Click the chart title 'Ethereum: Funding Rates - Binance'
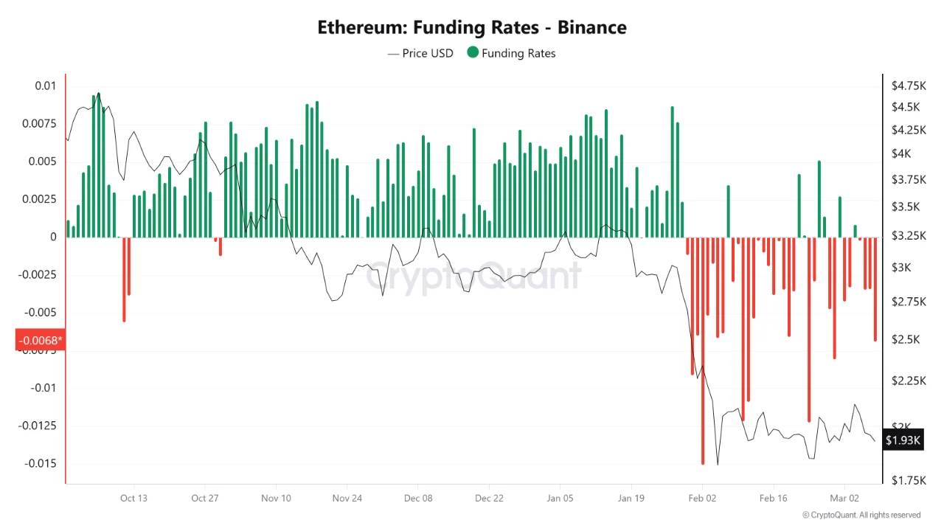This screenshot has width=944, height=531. (x=472, y=28)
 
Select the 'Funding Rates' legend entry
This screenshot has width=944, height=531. (x=511, y=53)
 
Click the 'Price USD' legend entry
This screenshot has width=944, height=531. (x=420, y=53)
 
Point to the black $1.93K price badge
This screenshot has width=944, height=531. (x=903, y=440)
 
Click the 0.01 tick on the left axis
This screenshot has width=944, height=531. (x=45, y=86)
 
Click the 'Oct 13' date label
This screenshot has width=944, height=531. (x=133, y=498)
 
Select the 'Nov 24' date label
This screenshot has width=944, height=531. (x=347, y=498)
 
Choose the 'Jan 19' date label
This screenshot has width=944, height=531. (x=631, y=498)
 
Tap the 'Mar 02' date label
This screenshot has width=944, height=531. (x=844, y=498)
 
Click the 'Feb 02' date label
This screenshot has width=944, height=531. (x=702, y=498)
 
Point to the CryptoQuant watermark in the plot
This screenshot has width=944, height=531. (x=473, y=276)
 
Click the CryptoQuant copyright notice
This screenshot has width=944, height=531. (x=861, y=515)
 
